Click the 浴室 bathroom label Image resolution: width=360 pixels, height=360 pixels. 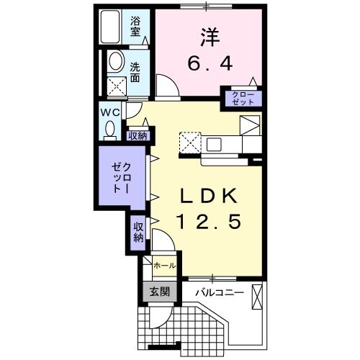pos(135,27)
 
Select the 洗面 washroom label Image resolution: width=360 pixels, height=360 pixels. pos(135,73)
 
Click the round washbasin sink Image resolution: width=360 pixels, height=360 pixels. pos(115,63)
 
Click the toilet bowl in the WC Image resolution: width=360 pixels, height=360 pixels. pos(110,128)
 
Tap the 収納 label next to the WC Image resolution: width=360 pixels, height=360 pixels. pos(138,134)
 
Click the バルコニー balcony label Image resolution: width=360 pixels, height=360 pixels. pos(219,293)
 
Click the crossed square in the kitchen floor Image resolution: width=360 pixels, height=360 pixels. pos(190,142)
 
